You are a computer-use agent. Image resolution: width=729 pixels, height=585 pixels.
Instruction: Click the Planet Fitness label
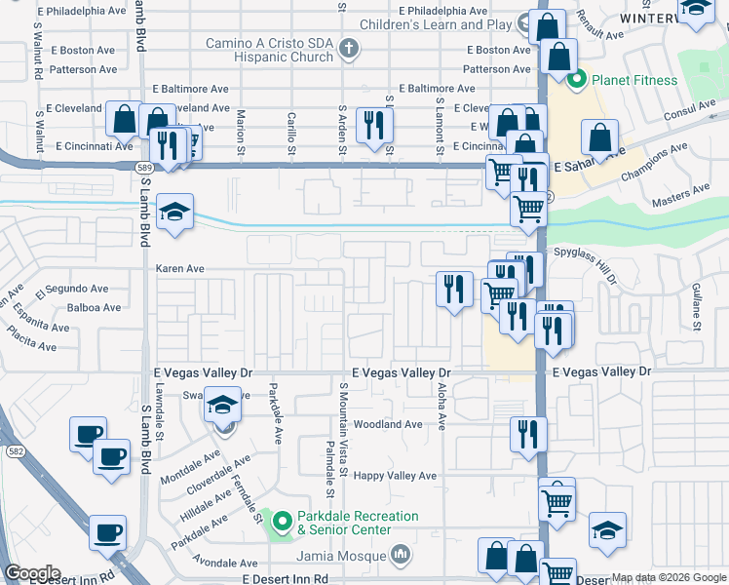pos(633,79)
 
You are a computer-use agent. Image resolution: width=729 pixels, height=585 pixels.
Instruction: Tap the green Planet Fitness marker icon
pos(576,80)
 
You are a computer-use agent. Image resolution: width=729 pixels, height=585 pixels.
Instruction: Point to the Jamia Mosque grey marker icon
pos(401,556)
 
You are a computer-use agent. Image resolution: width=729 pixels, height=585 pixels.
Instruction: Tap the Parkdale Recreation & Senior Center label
pos(357,523)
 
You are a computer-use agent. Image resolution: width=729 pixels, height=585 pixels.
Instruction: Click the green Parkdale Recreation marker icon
pos(282,523)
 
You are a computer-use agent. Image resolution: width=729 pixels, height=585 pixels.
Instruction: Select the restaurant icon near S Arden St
pos(374,124)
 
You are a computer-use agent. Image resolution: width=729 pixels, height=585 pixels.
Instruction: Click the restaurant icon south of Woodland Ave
pos(528,433)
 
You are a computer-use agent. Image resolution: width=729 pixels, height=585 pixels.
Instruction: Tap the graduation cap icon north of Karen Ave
pos(175,212)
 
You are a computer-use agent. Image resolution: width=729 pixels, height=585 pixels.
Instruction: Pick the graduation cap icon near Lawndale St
pos(223,405)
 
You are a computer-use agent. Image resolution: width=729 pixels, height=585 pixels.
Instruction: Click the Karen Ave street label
pos(180,268)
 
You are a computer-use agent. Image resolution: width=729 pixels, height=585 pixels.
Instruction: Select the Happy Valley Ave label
pos(395,476)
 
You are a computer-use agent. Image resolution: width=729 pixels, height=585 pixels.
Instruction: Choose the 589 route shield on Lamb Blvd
pos(143,168)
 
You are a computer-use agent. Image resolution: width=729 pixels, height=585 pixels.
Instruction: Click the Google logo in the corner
pos(32,573)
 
